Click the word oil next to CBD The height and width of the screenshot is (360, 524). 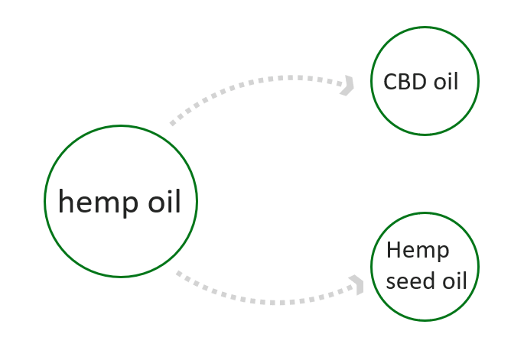coord(445,81)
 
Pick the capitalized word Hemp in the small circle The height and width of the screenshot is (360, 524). coord(418,251)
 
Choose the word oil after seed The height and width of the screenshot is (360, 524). coord(454,281)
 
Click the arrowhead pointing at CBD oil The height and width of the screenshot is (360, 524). coord(348,85)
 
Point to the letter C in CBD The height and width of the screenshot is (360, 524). coord(390,81)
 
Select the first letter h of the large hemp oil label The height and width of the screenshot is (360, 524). coord(66,202)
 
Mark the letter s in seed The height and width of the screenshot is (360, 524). coord(391,282)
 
